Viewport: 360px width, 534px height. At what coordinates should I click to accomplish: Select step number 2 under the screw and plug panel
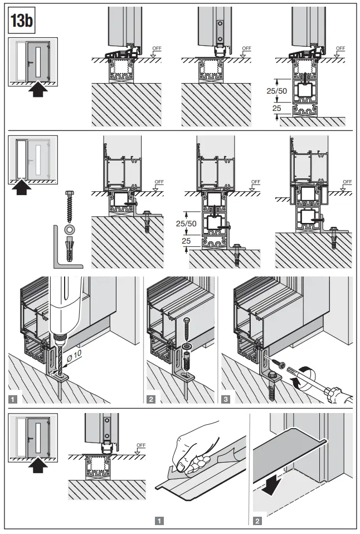(150, 399)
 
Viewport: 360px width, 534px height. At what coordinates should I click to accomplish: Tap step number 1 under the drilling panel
(13, 399)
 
